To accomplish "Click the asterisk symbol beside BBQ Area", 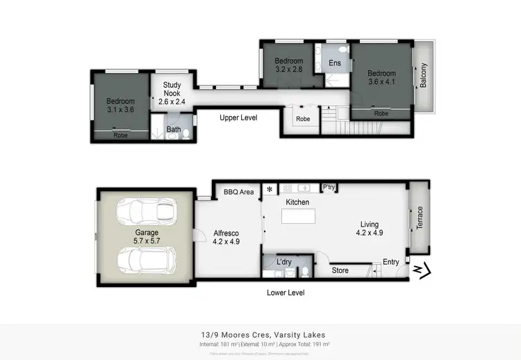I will tap(269, 190).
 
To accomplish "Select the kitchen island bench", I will tap(298, 216).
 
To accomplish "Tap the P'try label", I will tap(329, 188).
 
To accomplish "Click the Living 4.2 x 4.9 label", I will tap(369, 229).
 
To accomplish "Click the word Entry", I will tap(391, 262).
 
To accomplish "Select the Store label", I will tap(340, 270).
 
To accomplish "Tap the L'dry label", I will tap(283, 262).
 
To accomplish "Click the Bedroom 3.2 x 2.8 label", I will tap(289, 65).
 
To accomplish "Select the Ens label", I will tap(334, 63).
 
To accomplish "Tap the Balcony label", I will tap(424, 76).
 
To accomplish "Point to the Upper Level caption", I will tap(238, 118).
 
